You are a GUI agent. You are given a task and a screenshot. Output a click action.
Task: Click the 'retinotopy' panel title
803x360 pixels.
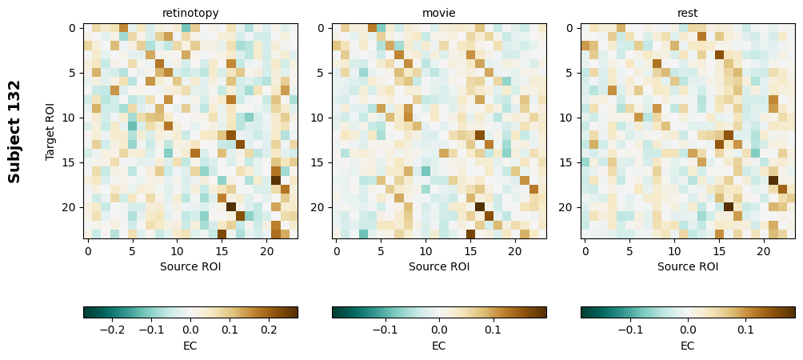pos(190,13)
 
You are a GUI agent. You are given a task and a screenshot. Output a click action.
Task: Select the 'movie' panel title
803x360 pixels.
pos(438,13)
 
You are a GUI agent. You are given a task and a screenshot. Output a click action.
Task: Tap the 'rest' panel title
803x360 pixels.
pos(687,13)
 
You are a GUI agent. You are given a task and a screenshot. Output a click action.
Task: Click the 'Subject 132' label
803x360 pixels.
pos(14,131)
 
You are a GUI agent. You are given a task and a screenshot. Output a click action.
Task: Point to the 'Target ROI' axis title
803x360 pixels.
pos(51,131)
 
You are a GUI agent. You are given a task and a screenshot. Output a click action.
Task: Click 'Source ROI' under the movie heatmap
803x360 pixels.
pos(438,266)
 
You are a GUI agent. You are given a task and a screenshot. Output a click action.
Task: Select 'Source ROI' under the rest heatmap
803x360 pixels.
pos(687,266)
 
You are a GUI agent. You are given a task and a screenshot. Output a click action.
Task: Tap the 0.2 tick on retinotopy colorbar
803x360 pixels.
pos(269,329)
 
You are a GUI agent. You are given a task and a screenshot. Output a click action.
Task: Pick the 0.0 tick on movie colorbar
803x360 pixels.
pos(439,329)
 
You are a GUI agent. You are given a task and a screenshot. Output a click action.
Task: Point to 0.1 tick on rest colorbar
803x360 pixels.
pos(745,329)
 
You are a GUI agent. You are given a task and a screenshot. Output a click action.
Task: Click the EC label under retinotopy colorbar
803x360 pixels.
pos(190,346)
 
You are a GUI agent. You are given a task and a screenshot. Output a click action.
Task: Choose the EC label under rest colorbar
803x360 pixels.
pos(687,346)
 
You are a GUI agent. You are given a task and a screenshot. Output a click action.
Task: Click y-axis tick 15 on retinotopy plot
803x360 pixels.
pos(70,162)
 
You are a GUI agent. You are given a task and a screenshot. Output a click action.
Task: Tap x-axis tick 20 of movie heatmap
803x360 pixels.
pos(515,251)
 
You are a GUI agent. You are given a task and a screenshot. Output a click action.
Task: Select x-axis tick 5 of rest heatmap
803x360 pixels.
pos(629,251)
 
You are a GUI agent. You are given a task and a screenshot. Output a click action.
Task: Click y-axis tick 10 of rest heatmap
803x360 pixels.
pos(568,118)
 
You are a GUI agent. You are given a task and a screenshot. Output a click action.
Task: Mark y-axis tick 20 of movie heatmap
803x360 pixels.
pos(319,207)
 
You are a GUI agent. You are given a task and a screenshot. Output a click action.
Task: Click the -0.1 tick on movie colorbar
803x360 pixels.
pos(386,329)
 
